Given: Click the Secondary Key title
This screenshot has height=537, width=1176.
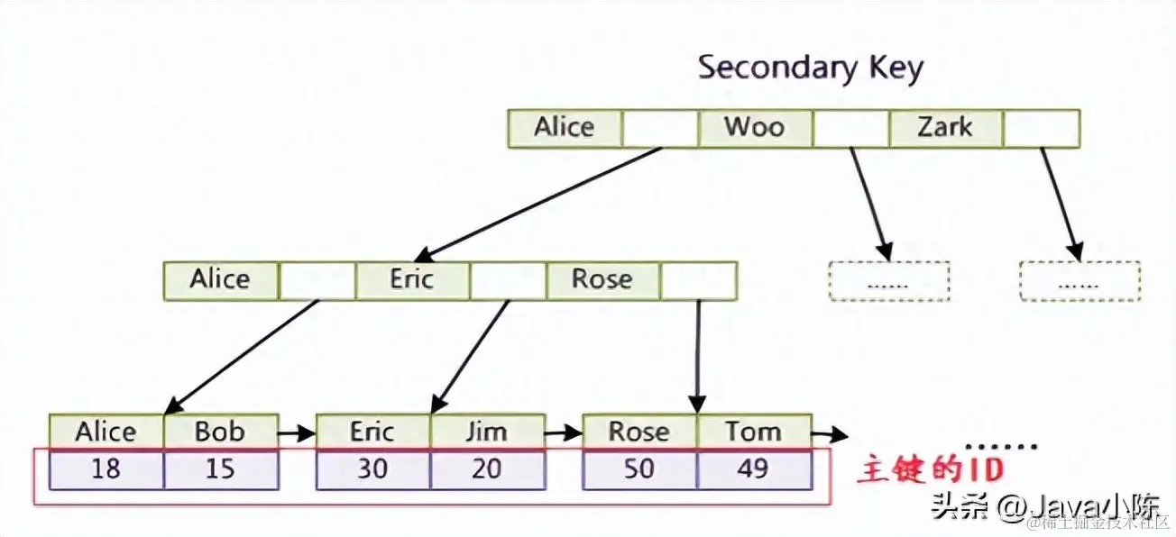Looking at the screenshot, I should [811, 68].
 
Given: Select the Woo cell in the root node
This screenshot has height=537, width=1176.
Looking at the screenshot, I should [755, 128].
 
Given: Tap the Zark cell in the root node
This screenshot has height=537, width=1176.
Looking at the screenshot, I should [945, 128].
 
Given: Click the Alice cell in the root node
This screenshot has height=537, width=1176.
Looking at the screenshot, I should [565, 128].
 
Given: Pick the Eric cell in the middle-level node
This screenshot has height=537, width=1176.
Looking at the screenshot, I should [412, 280].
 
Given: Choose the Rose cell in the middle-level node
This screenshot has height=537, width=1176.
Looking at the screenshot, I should [602, 280].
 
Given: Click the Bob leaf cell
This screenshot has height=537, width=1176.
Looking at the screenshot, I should [220, 432].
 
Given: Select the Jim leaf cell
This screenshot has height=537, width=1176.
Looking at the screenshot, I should [487, 432].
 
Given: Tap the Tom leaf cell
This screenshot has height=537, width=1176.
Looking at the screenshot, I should [754, 432].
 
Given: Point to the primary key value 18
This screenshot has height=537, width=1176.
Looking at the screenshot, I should [106, 469].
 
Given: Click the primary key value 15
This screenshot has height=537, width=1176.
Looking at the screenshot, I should [220, 469].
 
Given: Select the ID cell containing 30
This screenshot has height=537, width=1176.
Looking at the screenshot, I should [373, 469].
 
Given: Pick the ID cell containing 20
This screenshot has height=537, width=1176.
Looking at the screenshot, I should [487, 469].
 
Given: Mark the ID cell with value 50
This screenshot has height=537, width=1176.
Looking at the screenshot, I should [639, 469].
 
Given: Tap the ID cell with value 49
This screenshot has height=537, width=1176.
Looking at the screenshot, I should [754, 469].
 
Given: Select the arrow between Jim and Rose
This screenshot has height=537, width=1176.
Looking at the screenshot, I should [564, 433].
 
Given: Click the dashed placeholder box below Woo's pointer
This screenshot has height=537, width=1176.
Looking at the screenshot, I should [888, 281].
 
